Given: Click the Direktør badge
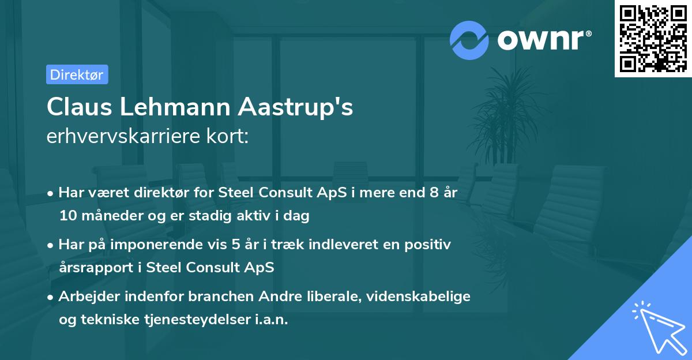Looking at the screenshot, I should point(77,74).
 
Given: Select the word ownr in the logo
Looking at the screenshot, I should point(544,39).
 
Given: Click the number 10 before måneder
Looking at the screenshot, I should point(67,216).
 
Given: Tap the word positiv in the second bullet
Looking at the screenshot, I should point(430,245).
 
